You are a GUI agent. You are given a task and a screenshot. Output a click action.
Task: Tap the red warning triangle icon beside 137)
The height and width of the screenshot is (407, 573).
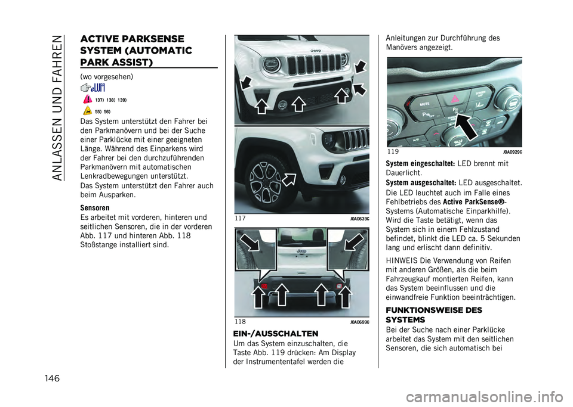(x=88, y=100)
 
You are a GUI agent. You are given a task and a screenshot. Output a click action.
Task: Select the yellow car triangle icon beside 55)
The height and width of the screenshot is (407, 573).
(x=88, y=111)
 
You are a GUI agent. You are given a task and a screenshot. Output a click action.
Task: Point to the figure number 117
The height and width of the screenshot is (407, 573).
(x=241, y=219)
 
